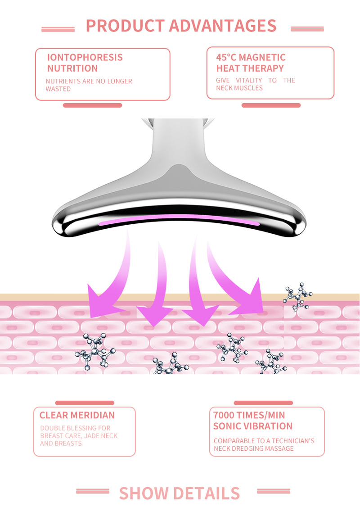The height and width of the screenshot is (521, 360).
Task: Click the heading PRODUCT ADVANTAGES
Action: click(x=181, y=26)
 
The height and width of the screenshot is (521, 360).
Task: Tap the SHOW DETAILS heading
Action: click(x=180, y=494)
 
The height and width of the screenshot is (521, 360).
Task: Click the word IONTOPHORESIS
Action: click(x=85, y=58)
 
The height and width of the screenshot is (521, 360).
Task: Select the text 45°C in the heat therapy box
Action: click(x=226, y=58)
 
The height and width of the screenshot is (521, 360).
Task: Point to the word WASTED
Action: click(x=58, y=89)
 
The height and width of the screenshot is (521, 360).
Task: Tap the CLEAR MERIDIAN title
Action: click(x=77, y=415)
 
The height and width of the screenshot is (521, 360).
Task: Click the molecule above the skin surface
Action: click(x=298, y=296)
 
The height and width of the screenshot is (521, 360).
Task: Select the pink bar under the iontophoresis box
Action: click(x=92, y=105)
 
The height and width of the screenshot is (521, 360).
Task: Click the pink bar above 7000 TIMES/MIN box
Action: click(x=263, y=403)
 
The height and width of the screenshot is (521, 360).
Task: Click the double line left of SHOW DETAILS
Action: click(x=93, y=491)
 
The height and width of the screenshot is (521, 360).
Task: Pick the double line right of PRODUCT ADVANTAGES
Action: click(x=307, y=29)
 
